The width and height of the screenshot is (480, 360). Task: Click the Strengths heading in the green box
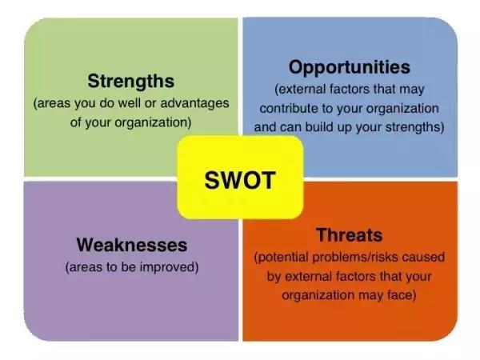(x=130, y=81)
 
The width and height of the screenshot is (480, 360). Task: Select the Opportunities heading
(x=350, y=67)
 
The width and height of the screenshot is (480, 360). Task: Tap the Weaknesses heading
(x=132, y=245)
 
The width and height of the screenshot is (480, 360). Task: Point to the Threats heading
(x=350, y=235)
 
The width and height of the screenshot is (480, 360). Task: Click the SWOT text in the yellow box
(x=240, y=180)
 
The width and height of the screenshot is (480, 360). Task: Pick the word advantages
(x=194, y=103)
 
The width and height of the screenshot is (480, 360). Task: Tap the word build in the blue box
(x=319, y=126)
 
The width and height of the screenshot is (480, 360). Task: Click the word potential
(x=281, y=258)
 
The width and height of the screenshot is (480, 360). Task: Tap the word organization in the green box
(x=153, y=123)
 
